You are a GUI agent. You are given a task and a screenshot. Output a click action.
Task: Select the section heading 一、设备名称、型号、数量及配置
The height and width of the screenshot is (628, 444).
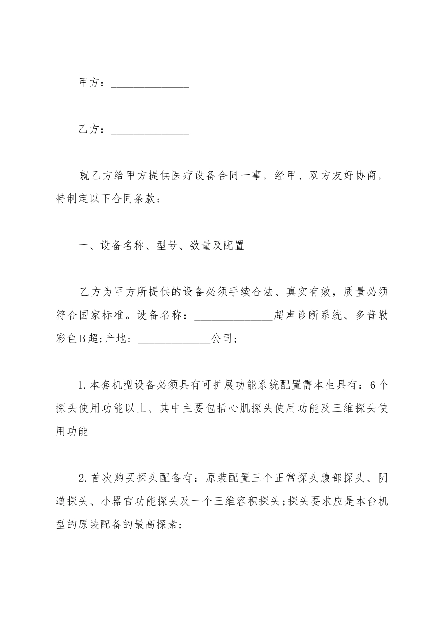pos(161,246)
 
